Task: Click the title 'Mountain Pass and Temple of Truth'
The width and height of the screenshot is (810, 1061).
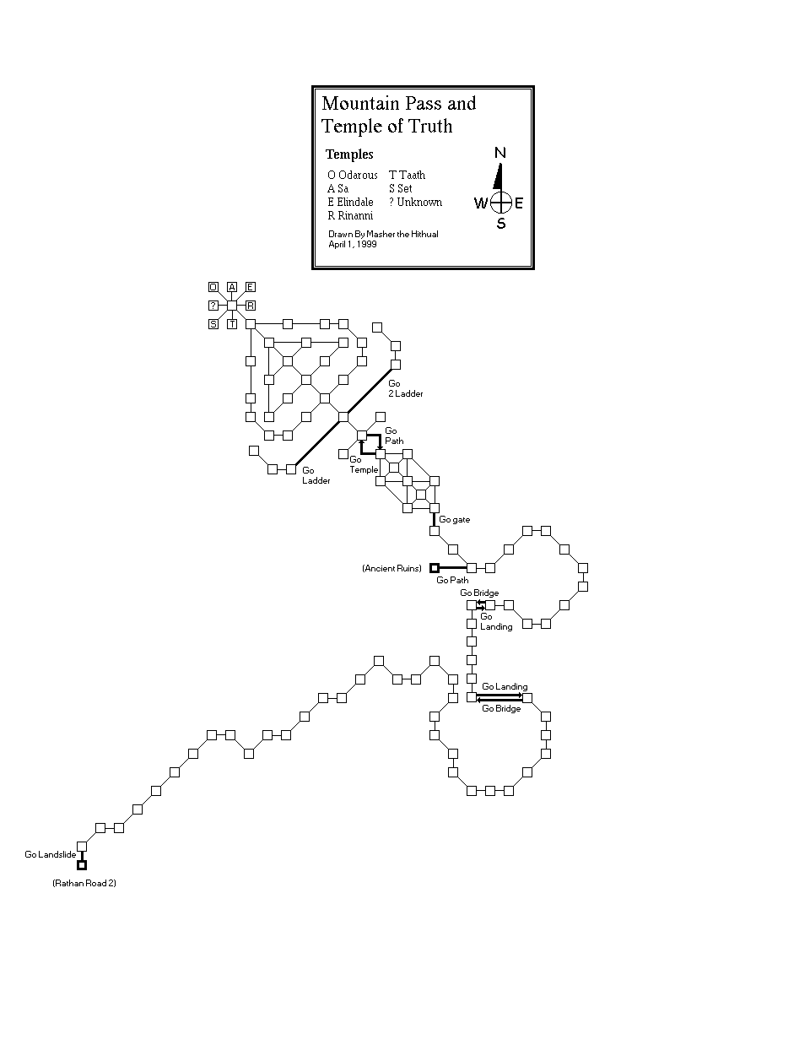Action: tap(398, 115)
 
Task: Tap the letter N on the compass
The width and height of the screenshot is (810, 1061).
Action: tap(500, 153)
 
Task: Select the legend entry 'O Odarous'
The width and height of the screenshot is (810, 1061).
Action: tap(353, 175)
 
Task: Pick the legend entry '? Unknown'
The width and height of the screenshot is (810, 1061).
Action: tap(415, 203)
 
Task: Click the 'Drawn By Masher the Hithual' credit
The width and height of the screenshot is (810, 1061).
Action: tap(383, 234)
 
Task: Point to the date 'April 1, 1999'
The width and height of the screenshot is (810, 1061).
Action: tap(353, 244)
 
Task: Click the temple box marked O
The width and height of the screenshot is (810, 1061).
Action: tap(213, 287)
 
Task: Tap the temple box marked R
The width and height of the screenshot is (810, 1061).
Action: tap(251, 306)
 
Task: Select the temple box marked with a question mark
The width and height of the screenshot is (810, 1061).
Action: tap(213, 306)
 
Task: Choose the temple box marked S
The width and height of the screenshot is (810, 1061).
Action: tap(213, 324)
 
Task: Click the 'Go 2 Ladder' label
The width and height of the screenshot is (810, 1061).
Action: tap(405, 389)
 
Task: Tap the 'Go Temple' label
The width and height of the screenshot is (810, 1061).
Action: tap(364, 465)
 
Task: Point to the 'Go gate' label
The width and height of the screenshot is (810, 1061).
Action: tap(454, 520)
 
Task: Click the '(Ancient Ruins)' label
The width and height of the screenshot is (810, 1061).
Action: tap(391, 569)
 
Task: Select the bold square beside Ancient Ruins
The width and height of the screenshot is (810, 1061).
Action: tap(435, 568)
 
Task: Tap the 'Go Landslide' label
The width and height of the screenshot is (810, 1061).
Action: tap(51, 855)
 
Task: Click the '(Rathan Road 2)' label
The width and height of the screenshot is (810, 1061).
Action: tap(84, 883)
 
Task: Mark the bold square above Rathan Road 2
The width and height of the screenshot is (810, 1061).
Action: tap(82, 865)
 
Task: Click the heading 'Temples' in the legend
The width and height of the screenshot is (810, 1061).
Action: tap(349, 154)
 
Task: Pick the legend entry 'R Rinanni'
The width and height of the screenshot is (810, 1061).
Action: tap(350, 216)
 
